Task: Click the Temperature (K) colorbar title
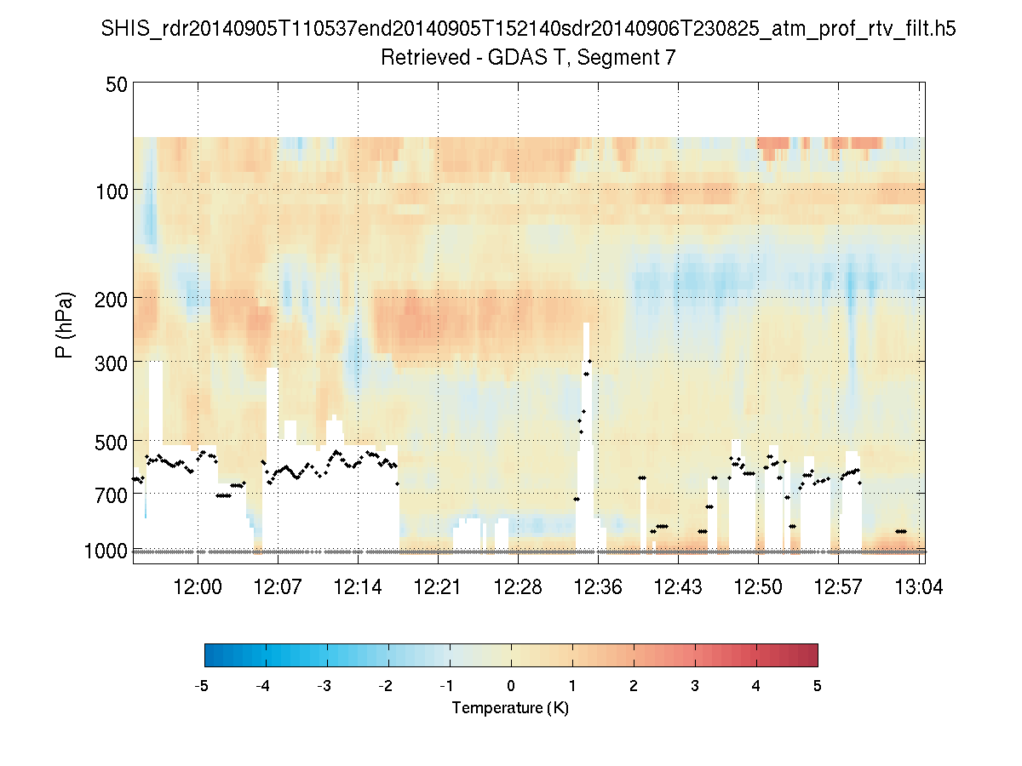tap(510, 708)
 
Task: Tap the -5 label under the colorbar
tap(202, 686)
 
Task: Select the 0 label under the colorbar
tap(511, 686)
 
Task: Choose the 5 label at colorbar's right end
tap(818, 686)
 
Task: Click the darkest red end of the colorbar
tap(812, 655)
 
